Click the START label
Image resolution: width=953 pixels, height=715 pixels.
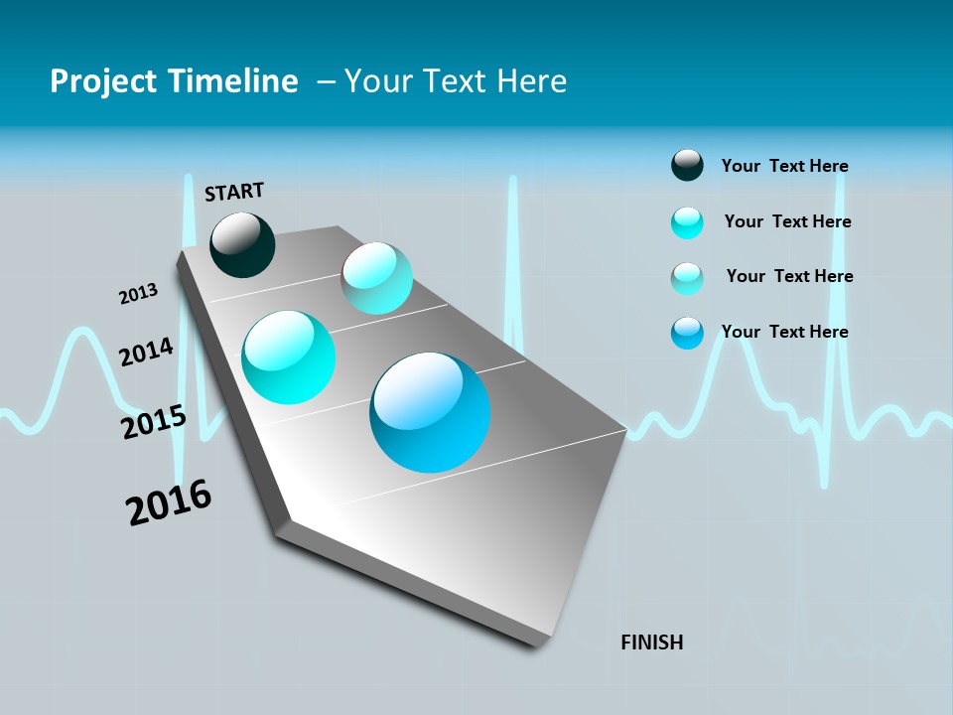pyautogui.click(x=234, y=191)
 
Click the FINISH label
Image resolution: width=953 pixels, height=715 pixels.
pyautogui.click(x=651, y=643)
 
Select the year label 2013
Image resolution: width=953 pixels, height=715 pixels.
pyautogui.click(x=138, y=294)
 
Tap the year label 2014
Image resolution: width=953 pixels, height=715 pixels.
pyautogui.click(x=146, y=353)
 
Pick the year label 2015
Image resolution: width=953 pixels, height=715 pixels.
pyautogui.click(x=153, y=422)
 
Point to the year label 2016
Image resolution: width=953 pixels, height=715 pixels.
pyautogui.click(x=169, y=502)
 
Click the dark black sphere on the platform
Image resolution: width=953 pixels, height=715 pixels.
pyautogui.click(x=242, y=245)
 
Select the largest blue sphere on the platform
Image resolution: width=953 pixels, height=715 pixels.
pyautogui.click(x=430, y=412)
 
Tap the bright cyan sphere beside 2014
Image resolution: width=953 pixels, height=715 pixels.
pyautogui.click(x=289, y=357)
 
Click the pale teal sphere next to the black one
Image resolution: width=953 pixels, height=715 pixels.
pyautogui.click(x=376, y=279)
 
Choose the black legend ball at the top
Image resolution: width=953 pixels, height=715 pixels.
pyautogui.click(x=687, y=166)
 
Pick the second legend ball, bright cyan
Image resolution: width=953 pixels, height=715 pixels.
pyautogui.click(x=687, y=222)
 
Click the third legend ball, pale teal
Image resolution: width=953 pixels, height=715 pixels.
pyautogui.click(x=687, y=278)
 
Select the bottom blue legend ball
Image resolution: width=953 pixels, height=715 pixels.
pyautogui.click(x=687, y=333)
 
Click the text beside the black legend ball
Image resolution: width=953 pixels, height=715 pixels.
pyautogui.click(x=784, y=166)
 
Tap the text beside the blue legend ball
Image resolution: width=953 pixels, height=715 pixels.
pyautogui.click(x=784, y=332)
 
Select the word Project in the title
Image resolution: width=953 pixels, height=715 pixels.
pyautogui.click(x=103, y=81)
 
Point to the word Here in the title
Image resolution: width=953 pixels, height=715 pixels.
pyautogui.click(x=531, y=81)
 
